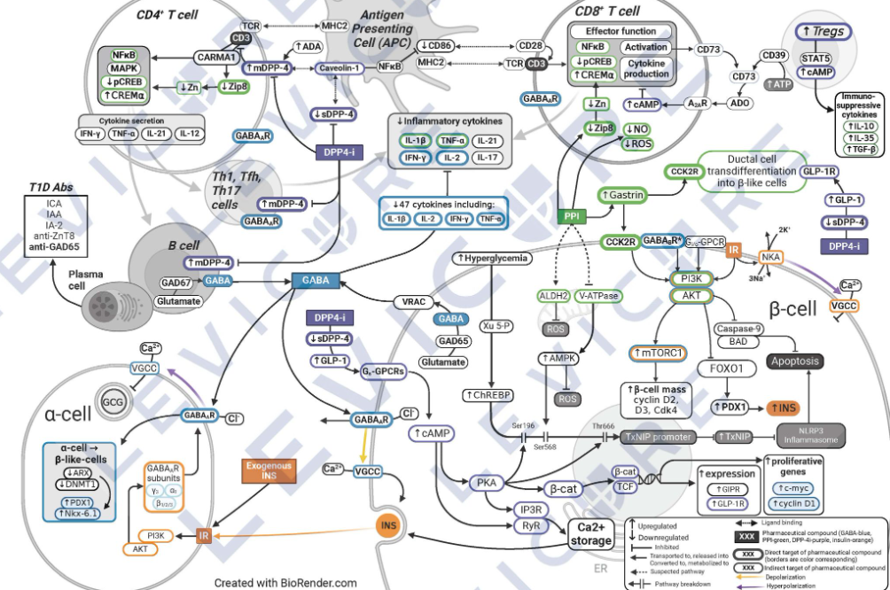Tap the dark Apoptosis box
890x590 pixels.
[771, 361]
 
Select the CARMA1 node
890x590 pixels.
[217, 58]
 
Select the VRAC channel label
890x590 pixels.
[414, 302]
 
